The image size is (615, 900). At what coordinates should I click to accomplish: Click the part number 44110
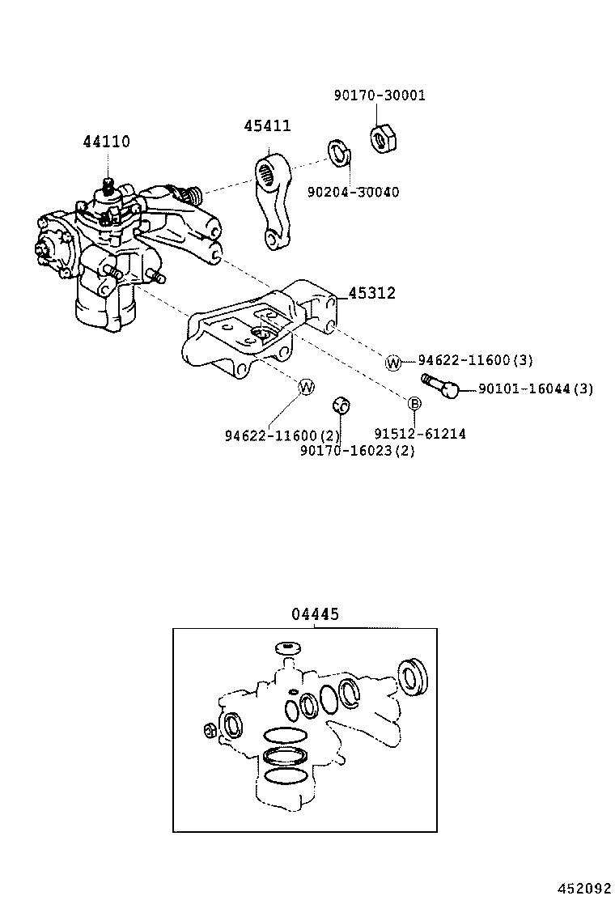[105, 142]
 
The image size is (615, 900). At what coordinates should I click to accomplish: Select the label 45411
[267, 125]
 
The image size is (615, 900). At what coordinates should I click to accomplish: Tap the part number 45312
[371, 293]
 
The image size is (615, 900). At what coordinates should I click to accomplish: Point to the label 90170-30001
[379, 96]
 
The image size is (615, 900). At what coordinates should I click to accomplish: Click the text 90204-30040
[352, 192]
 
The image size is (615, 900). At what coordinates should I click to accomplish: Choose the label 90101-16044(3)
[535, 389]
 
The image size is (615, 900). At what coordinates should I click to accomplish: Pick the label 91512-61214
[419, 434]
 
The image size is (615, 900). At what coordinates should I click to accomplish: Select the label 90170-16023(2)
[357, 451]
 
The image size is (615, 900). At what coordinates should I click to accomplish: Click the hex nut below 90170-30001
[381, 139]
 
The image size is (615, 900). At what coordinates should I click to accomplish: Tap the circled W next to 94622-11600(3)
[393, 363]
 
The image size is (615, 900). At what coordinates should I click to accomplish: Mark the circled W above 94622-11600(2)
[306, 388]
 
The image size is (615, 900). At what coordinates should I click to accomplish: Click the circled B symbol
[414, 404]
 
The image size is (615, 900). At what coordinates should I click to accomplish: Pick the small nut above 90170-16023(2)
[341, 405]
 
